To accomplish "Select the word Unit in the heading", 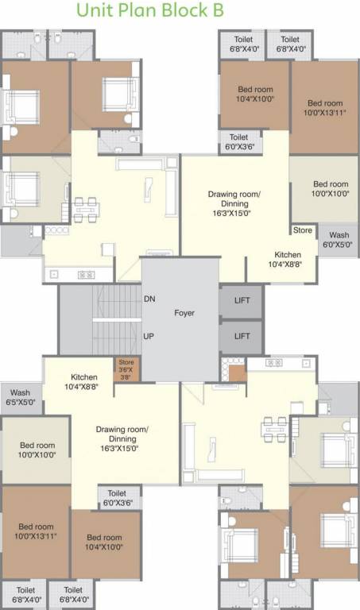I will (95, 10).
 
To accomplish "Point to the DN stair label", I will (149, 299).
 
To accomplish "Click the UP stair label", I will (149, 336).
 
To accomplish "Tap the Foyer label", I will (184, 313).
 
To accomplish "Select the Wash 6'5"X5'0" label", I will (21, 397).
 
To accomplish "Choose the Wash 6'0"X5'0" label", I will (339, 240).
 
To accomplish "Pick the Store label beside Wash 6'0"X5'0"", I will (303, 231).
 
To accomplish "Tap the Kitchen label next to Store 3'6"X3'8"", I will (84, 381).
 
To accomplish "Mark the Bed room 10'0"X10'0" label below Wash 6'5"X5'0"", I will (37, 450).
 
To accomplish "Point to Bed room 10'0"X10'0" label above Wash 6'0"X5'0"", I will (330, 188).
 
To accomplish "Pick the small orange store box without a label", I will (236, 373).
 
